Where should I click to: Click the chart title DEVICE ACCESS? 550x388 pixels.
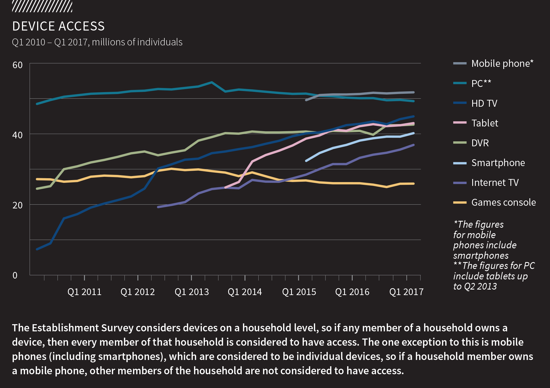point(58,26)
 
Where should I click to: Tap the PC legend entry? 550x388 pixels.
point(481,83)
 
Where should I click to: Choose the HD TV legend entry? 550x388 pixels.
point(484,103)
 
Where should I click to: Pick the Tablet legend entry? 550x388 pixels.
point(485,123)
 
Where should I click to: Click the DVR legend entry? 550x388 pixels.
point(480,143)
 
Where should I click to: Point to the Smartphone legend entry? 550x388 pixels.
point(498,163)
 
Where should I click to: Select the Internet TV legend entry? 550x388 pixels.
point(495,183)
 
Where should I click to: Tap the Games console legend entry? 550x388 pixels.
point(503,202)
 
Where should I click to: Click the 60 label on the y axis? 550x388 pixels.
point(18,65)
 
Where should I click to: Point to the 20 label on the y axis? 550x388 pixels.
point(18,205)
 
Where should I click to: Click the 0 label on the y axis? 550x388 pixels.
point(15,275)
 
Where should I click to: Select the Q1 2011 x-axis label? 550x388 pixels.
point(84,292)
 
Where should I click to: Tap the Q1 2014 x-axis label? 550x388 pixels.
point(245,292)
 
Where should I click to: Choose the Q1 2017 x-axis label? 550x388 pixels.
point(406,292)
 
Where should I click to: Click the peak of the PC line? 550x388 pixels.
point(211,82)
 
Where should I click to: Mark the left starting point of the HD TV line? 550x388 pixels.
point(37,249)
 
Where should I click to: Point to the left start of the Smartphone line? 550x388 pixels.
point(306,161)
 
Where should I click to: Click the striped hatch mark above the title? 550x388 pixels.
point(42,6)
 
